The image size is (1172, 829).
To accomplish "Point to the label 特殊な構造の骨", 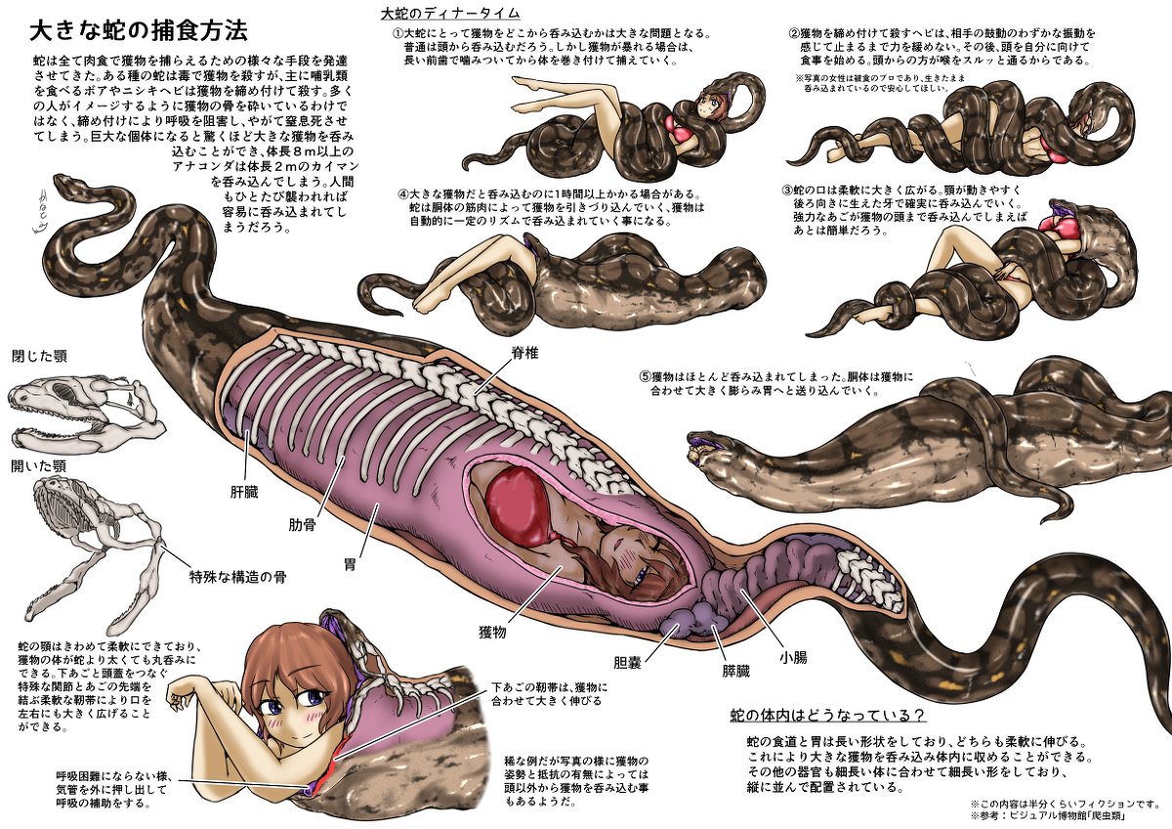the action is (236, 576).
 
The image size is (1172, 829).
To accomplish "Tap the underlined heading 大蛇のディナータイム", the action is (449, 13).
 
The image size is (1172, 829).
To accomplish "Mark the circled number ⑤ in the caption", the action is (645, 376).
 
